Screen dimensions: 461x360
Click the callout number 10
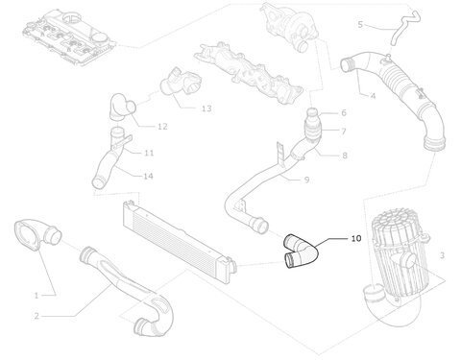pos(356,239)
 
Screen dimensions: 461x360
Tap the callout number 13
pos(206,108)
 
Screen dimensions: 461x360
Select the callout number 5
pos(360,25)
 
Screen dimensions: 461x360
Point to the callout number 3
pos(442,255)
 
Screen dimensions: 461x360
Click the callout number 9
pos(306,180)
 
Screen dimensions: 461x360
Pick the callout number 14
pos(148,176)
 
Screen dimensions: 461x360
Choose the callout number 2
pos(36,316)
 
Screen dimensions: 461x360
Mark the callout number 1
pos(36,296)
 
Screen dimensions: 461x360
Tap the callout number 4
pos(373,96)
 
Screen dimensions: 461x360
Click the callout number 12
pos(162,127)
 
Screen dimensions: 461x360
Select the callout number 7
pos(344,132)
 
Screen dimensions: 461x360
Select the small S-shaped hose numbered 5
pos(404,28)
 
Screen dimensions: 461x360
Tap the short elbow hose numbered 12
pos(120,108)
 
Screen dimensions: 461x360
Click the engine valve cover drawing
pos(69,38)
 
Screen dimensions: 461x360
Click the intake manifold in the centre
pos(248,73)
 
